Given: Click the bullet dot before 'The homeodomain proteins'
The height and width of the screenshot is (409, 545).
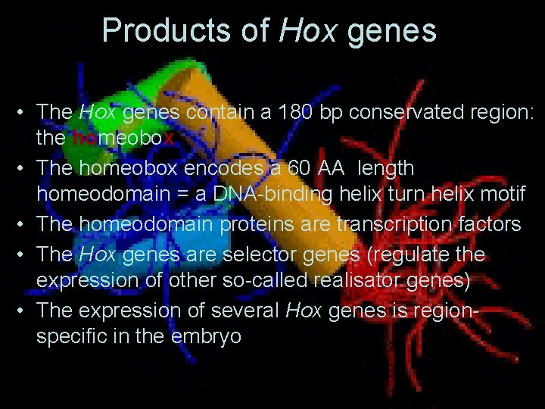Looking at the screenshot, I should click(x=24, y=225).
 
